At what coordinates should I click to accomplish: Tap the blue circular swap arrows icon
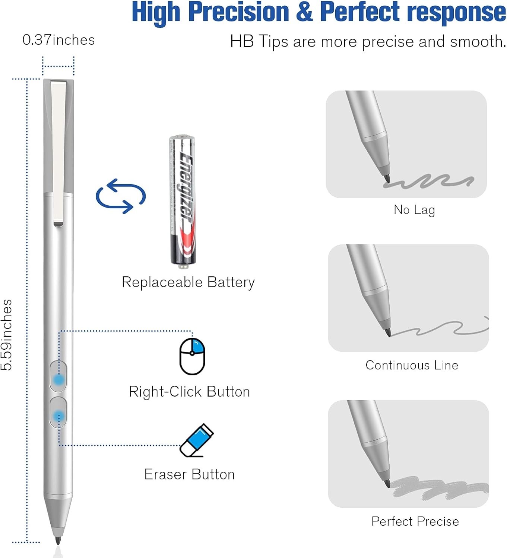(x=120, y=196)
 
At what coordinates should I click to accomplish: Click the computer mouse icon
(x=192, y=356)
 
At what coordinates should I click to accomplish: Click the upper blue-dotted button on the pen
(x=58, y=379)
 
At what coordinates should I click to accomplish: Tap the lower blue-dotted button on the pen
(x=58, y=415)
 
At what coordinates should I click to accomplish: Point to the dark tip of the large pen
(x=58, y=540)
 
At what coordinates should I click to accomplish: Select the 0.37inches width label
(x=58, y=40)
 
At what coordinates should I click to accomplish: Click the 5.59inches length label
(x=7, y=335)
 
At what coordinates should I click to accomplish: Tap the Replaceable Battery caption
(x=188, y=282)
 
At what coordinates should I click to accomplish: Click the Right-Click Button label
(x=189, y=392)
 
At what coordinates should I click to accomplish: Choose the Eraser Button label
(x=189, y=475)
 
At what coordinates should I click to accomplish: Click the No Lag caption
(x=414, y=210)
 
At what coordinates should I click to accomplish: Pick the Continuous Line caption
(x=412, y=365)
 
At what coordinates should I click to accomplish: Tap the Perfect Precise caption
(x=415, y=522)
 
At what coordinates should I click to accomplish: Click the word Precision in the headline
(x=239, y=12)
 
